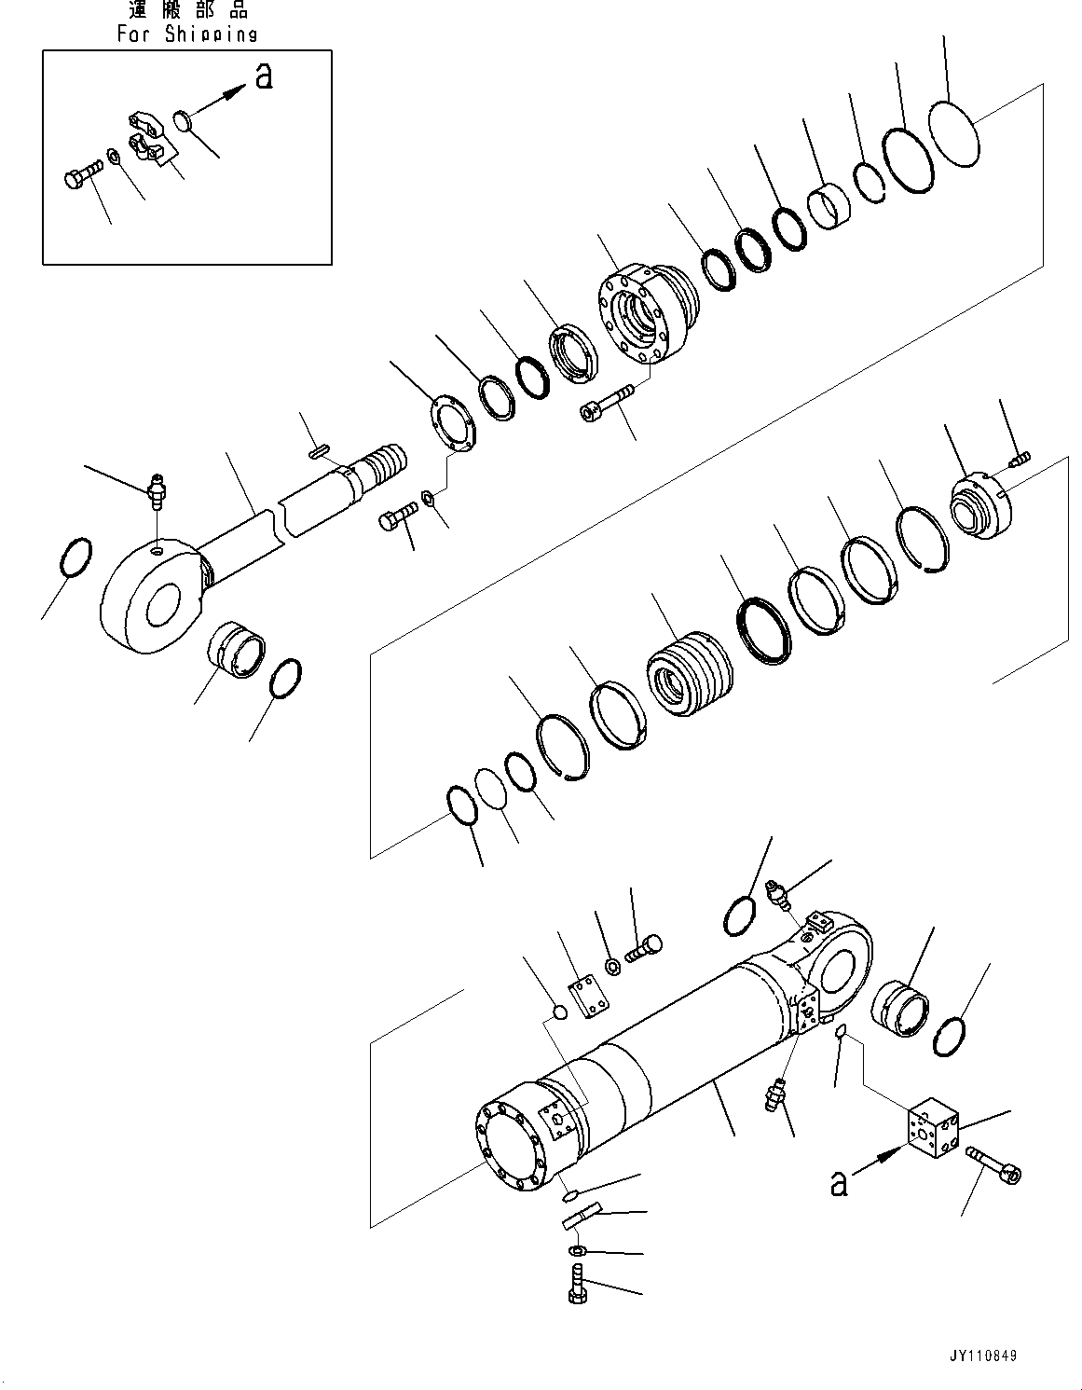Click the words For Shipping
click(x=187, y=34)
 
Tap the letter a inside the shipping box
click(x=264, y=76)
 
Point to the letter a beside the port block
click(x=839, y=1183)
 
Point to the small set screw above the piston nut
click(x=1020, y=458)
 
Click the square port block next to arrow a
click(x=933, y=1132)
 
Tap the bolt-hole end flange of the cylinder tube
click(x=513, y=1147)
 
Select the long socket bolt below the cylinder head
click(x=607, y=401)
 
